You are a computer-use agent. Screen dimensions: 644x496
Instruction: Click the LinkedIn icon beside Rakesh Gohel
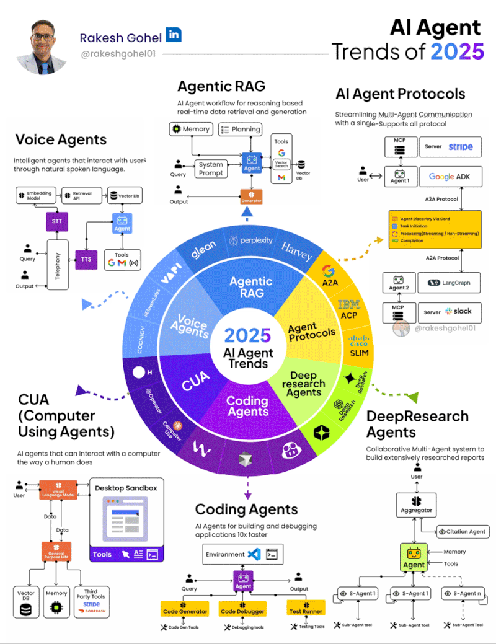pos(174,35)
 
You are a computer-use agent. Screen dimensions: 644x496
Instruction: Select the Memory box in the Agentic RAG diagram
pos(192,129)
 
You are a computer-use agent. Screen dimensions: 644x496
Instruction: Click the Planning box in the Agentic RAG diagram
pos(239,129)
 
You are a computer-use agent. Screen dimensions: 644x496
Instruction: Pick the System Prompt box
pos(211,169)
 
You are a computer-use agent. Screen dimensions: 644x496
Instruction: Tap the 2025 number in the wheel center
pos(247,335)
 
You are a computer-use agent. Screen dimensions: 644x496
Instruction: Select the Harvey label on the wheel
pos(296,249)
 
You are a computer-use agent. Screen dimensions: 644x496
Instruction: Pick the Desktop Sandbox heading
pos(126,488)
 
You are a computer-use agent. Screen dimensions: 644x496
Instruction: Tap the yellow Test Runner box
pos(306,611)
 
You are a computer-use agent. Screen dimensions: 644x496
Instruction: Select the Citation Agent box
pos(463,532)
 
